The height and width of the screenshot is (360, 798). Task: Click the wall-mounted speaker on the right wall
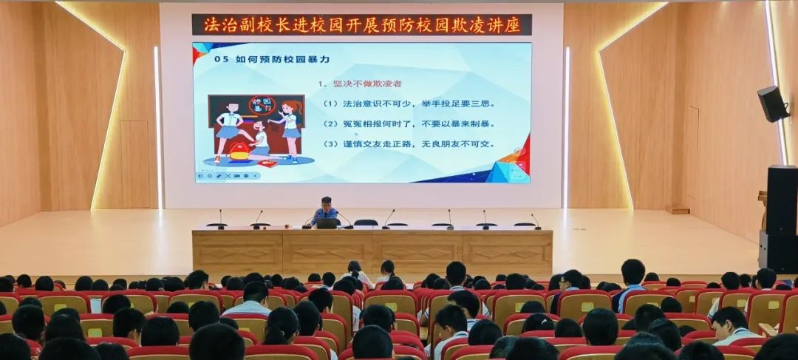coord(772,104)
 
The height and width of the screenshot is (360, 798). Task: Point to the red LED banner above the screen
coord(362,24)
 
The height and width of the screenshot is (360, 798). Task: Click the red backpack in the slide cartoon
coord(239,151)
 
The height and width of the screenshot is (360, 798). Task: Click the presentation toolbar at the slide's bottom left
coord(228,176)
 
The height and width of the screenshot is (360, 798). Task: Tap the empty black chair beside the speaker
coord(365,222)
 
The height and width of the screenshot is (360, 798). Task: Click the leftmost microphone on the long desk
coord(219,220)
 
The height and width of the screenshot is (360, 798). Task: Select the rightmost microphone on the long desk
coord(534,221)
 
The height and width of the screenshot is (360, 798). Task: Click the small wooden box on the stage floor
coord(677,210)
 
